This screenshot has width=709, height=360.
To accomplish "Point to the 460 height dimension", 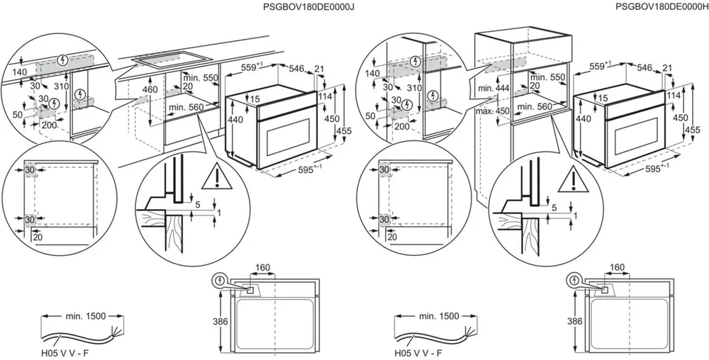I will (x=150, y=90).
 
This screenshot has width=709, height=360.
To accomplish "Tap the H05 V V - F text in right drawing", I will (x=418, y=351).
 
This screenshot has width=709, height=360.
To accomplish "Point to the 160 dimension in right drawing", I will (x=617, y=269).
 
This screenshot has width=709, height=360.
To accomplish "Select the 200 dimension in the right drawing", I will (x=401, y=126).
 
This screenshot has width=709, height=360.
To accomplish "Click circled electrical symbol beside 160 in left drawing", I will (x=223, y=281).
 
